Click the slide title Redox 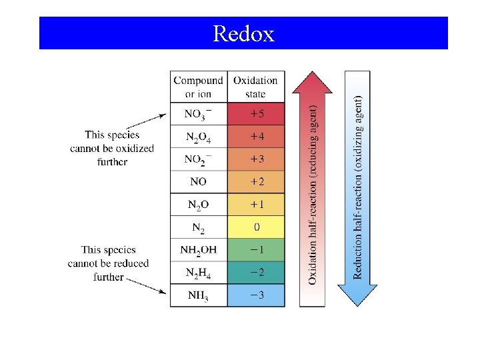[x=243, y=33]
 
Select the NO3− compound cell [x=199, y=114]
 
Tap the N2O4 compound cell [x=199, y=137]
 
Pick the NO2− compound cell [x=199, y=160]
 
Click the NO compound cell [x=199, y=182]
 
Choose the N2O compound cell [x=199, y=205]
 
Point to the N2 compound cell [x=199, y=228]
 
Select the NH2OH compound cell [x=199, y=250]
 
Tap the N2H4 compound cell [x=199, y=273]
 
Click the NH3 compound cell [x=199, y=295]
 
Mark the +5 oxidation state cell [x=256, y=114]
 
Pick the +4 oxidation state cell [x=256, y=137]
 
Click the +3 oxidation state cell [x=256, y=159]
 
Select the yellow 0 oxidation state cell [x=256, y=227]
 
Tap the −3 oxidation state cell [x=256, y=295]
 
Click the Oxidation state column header [x=256, y=87]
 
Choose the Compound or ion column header [x=199, y=87]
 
